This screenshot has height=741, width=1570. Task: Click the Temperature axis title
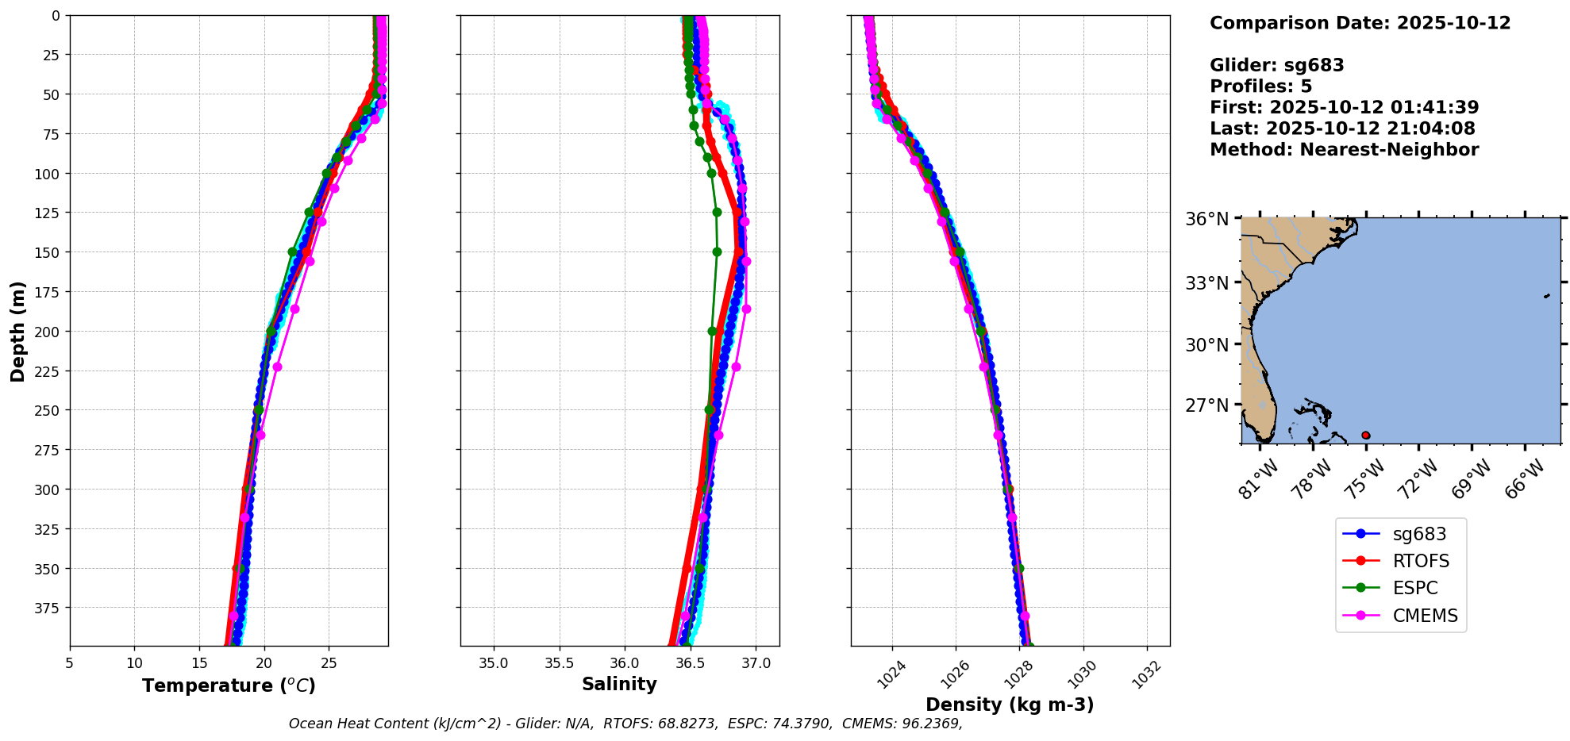click(229, 685)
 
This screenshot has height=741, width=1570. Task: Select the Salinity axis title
click(619, 684)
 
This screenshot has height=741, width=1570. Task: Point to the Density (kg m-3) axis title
click(1010, 705)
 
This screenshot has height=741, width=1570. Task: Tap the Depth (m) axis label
click(18, 331)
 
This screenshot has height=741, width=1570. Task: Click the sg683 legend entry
click(1419, 534)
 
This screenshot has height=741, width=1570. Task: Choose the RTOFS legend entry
click(1421, 561)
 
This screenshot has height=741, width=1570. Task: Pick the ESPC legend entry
click(1415, 588)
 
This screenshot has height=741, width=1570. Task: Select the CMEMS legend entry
click(1425, 616)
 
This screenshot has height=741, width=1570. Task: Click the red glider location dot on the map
click(1365, 435)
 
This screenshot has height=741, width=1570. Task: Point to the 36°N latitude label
click(1206, 219)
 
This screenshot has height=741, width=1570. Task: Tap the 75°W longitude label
click(1365, 479)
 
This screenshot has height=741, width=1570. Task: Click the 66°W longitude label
click(1524, 479)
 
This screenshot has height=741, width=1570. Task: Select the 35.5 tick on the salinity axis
click(559, 663)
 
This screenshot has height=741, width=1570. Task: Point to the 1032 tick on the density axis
click(1145, 674)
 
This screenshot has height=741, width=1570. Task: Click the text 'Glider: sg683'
click(1276, 65)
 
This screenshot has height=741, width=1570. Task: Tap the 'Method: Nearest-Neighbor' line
click(1344, 150)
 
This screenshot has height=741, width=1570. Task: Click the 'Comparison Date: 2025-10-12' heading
click(1360, 23)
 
